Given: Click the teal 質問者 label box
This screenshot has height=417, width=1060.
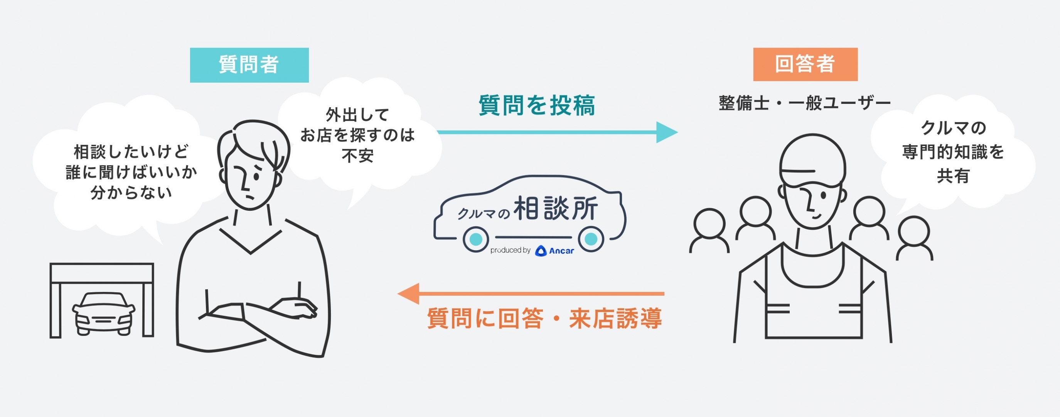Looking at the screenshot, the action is (x=249, y=65).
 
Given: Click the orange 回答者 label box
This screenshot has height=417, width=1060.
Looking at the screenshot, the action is (x=805, y=64).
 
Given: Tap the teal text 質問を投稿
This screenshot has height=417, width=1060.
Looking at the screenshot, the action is (x=537, y=105).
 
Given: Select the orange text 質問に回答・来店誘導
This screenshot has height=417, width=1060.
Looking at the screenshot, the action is (x=544, y=318).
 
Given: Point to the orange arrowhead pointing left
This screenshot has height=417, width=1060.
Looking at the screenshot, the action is (x=408, y=294).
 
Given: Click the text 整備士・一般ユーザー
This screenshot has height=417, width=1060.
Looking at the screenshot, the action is (x=804, y=103).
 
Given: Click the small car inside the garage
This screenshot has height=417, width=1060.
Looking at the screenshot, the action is (x=103, y=313).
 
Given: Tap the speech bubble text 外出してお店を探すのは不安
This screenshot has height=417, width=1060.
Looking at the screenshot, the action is (x=357, y=135).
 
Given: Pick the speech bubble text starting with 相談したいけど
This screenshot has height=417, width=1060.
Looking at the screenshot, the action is (x=131, y=172).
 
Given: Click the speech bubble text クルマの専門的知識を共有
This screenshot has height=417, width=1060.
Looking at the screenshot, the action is (x=953, y=152).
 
